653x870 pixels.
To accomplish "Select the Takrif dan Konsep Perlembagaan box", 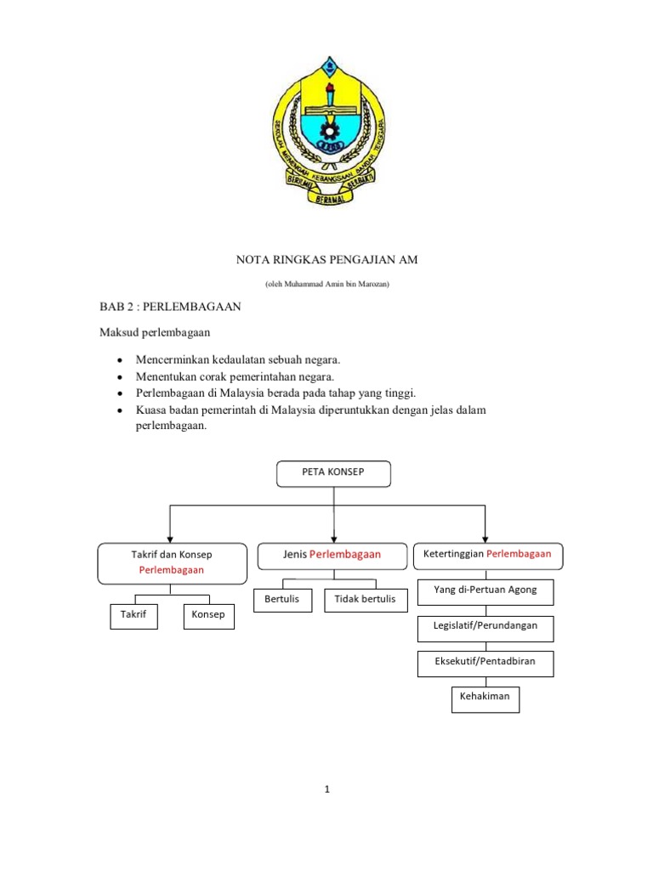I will [172, 562].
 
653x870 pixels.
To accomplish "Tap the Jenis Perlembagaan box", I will [332, 555].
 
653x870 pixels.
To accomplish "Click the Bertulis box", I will [282, 600].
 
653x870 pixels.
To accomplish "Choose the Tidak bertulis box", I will [366, 600].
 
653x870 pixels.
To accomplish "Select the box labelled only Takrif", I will [134, 614].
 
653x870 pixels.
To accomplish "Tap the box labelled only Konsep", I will [209, 614].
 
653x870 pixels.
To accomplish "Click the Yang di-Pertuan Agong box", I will [485, 590].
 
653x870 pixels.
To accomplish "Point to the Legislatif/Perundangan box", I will [485, 626].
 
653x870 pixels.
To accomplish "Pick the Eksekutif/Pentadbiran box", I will [485, 662].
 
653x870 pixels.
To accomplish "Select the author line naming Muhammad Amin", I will [326, 283].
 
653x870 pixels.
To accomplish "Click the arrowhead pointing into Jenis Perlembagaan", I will [334, 537].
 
